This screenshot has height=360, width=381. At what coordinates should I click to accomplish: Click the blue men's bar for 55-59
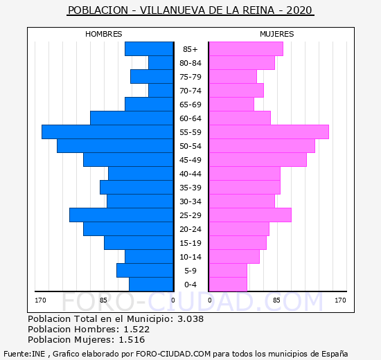point(107,132)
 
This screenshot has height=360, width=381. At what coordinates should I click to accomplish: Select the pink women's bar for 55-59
point(269,132)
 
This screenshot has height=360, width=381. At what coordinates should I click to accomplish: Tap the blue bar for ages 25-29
point(121,215)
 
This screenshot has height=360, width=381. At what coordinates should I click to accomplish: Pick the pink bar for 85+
point(246,49)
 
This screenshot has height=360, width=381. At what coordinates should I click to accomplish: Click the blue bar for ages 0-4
point(151,285)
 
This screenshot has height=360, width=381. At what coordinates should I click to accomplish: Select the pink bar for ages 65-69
point(231,105)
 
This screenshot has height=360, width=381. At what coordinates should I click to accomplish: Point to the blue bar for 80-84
point(161,63)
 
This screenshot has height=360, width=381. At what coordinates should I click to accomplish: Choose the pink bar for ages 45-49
point(258,160)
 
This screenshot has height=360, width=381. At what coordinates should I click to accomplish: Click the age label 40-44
point(190,174)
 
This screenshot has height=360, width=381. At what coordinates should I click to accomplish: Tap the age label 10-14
point(190,257)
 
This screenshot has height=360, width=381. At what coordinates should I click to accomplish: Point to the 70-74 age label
point(190,91)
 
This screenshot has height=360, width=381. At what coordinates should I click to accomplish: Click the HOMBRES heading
point(104,34)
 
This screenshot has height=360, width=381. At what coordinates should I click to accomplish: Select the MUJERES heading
point(277,34)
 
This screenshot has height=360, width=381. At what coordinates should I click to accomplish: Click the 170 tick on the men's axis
point(40,300)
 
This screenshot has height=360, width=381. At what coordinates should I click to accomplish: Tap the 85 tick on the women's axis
point(276,300)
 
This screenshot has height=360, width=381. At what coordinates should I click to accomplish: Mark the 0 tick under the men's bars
point(173,300)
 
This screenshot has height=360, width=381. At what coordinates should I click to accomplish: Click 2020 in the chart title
point(299,10)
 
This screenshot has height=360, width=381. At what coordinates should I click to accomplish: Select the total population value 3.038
point(190,318)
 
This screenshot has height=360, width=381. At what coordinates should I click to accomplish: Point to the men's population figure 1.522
point(136,329)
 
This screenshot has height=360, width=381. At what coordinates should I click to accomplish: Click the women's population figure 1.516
point(132,340)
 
